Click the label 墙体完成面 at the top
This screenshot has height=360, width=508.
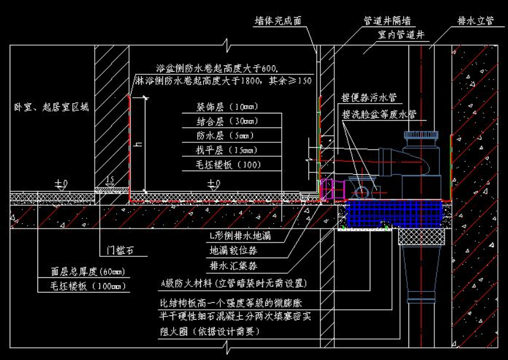[278, 21]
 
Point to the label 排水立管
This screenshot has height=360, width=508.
[475, 21]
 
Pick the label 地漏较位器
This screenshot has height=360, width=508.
[233, 250]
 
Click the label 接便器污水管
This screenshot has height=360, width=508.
[369, 97]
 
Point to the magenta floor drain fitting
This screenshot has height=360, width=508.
[331, 189]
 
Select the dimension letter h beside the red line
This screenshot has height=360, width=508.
[139, 143]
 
